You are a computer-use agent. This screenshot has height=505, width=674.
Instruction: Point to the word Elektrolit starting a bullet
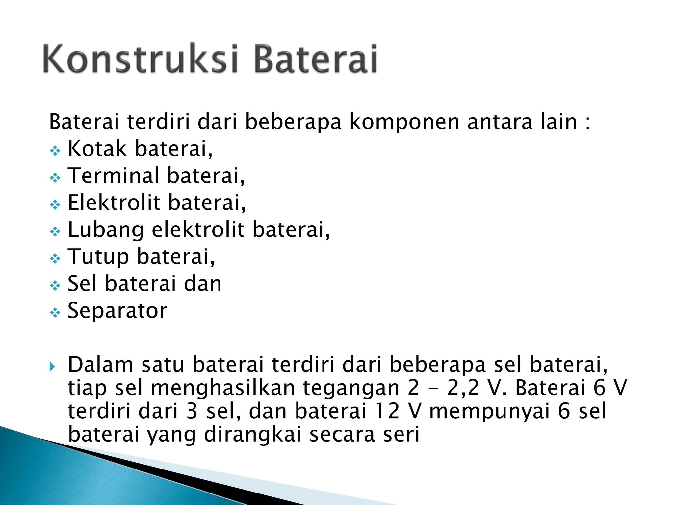(114, 203)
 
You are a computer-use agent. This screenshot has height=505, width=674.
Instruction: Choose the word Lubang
(106, 230)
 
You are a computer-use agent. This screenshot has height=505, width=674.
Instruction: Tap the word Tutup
(98, 257)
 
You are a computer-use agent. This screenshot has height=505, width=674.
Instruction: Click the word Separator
(117, 311)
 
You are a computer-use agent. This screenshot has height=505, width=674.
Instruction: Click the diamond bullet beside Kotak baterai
(55, 151)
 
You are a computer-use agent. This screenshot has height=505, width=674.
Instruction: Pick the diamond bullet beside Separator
(55, 313)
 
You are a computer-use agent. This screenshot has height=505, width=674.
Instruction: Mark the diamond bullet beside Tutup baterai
(55, 259)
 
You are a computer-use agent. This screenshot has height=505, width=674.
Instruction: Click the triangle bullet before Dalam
(52, 367)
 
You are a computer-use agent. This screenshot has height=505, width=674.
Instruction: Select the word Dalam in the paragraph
(100, 365)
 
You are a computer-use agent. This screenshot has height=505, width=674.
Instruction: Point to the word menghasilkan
(223, 388)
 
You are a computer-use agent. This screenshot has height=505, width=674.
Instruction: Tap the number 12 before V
(387, 411)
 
